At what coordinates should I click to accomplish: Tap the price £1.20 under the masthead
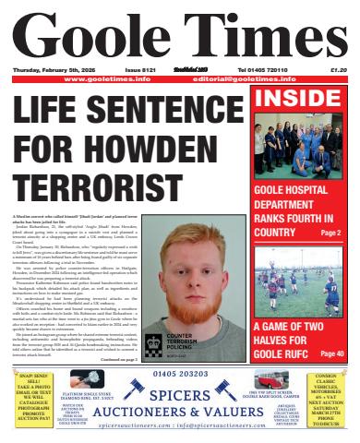click(337, 70)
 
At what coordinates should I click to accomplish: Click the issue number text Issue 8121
click(140, 70)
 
